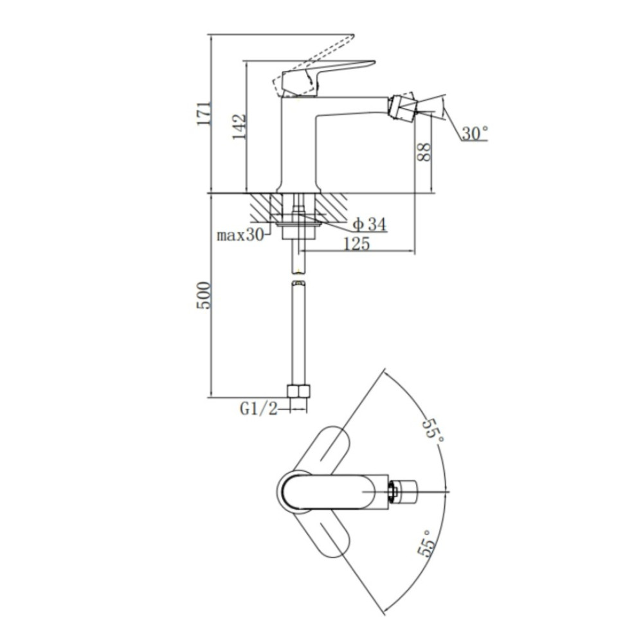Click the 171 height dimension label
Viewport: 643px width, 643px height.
pos(204,113)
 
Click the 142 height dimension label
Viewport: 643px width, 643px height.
pos(239,127)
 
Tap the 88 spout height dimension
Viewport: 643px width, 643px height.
pos(424,152)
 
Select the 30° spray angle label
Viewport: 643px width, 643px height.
pos(475,133)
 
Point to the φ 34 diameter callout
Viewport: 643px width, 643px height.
pos(370,224)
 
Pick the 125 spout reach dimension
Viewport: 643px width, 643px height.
pos(356,244)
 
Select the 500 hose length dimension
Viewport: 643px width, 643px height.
pos(204,295)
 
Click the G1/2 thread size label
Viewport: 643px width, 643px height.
pos(258,408)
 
